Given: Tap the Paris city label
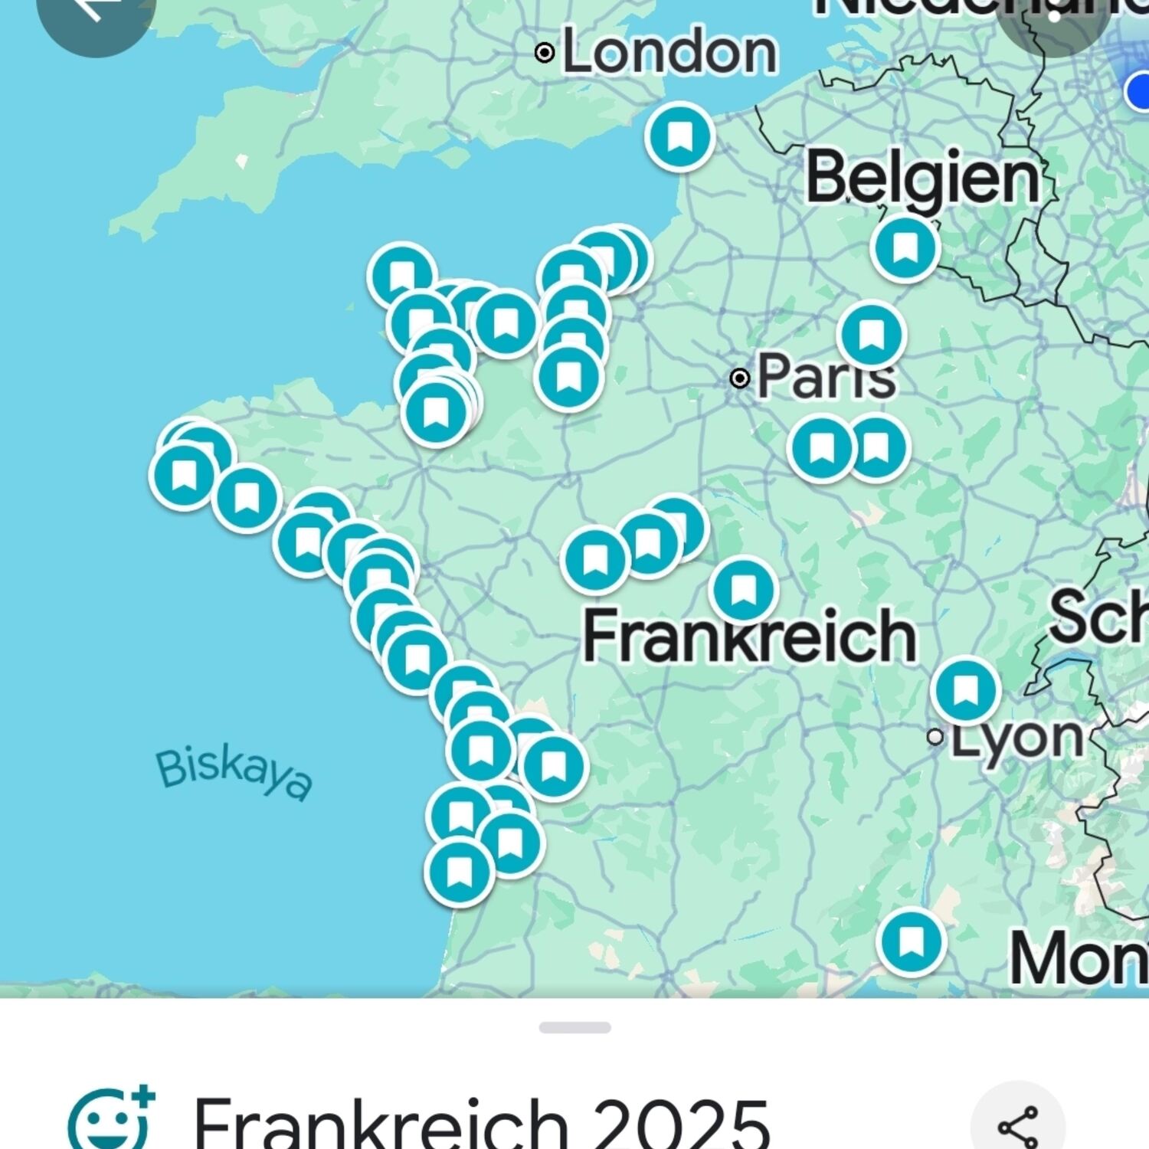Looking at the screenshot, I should pyautogui.click(x=826, y=377).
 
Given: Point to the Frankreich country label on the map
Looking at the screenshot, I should pyautogui.click(x=749, y=636).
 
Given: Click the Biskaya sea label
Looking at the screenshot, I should pyautogui.click(x=234, y=774).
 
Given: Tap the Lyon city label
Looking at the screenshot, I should pyautogui.click(x=1017, y=738).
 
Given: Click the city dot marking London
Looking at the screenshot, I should pyautogui.click(x=545, y=53).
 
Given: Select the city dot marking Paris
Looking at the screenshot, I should pyautogui.click(x=740, y=378).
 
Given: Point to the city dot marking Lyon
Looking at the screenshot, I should pyautogui.click(x=935, y=737).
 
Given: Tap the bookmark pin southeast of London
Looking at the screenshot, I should pyautogui.click(x=679, y=136).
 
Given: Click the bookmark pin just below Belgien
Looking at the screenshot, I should pyautogui.click(x=905, y=247).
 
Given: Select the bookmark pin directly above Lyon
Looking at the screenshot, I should pyautogui.click(x=966, y=689).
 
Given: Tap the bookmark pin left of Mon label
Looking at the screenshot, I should pyautogui.click(x=911, y=941).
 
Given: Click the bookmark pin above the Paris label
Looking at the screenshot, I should pyautogui.click(x=871, y=335).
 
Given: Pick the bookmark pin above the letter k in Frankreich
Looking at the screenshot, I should pyautogui.click(x=742, y=589).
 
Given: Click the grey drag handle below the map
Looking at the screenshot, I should pyautogui.click(x=574, y=1027).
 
